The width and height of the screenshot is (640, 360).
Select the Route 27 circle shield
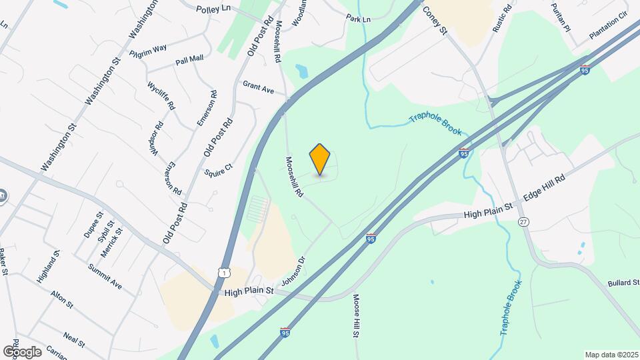tap(524, 221)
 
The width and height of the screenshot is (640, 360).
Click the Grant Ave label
tap(259, 87)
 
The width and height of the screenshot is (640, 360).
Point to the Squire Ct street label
tap(218, 171)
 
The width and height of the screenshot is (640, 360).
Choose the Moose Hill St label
tap(356, 315)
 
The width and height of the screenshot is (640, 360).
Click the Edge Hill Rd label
tap(544, 186)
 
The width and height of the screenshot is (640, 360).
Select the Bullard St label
tap(623, 283)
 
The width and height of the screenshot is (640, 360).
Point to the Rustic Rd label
tap(502, 18)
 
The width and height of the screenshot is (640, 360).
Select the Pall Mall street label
tap(189, 61)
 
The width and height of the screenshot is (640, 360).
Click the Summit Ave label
tap(105, 276)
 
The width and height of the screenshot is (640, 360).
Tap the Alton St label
tap(61, 298)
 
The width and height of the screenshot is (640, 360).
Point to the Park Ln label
tap(358, 19)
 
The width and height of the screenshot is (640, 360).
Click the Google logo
tap(22, 351)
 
